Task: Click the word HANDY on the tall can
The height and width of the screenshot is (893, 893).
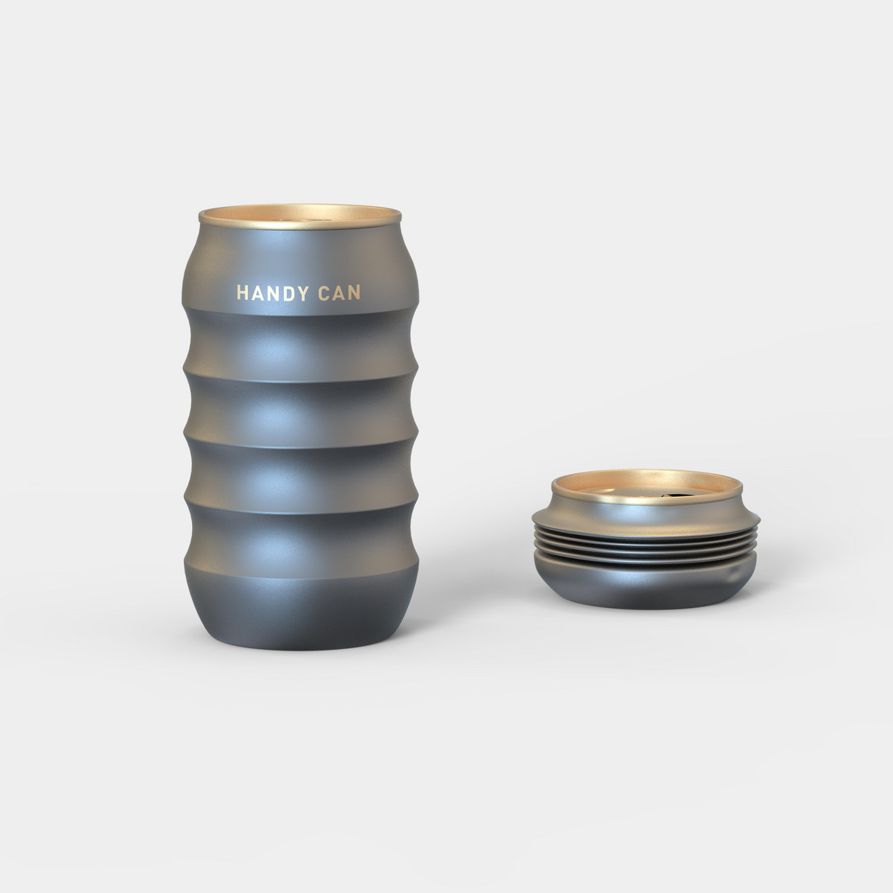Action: (272, 293)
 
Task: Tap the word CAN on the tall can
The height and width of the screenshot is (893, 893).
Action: (339, 293)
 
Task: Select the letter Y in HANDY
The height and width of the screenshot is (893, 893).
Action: (303, 293)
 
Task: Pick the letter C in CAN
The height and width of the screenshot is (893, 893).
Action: (324, 293)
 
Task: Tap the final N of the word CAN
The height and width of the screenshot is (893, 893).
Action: (354, 293)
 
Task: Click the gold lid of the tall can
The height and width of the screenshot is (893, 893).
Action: (300, 217)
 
